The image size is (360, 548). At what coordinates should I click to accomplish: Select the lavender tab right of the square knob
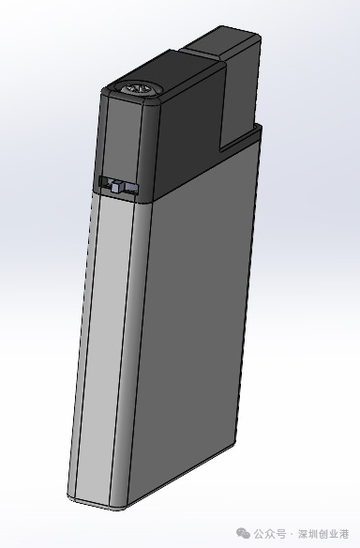(131, 188)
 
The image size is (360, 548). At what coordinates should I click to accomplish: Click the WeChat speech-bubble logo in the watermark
(243, 533)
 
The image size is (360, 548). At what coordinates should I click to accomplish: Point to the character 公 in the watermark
(259, 534)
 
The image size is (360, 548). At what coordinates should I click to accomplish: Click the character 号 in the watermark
(280, 534)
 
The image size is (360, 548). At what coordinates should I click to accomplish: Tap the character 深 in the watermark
(303, 534)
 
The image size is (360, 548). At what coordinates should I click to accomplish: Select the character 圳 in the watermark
(313, 534)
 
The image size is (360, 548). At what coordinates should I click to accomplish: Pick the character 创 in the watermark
(324, 534)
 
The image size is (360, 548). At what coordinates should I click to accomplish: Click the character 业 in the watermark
(334, 534)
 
